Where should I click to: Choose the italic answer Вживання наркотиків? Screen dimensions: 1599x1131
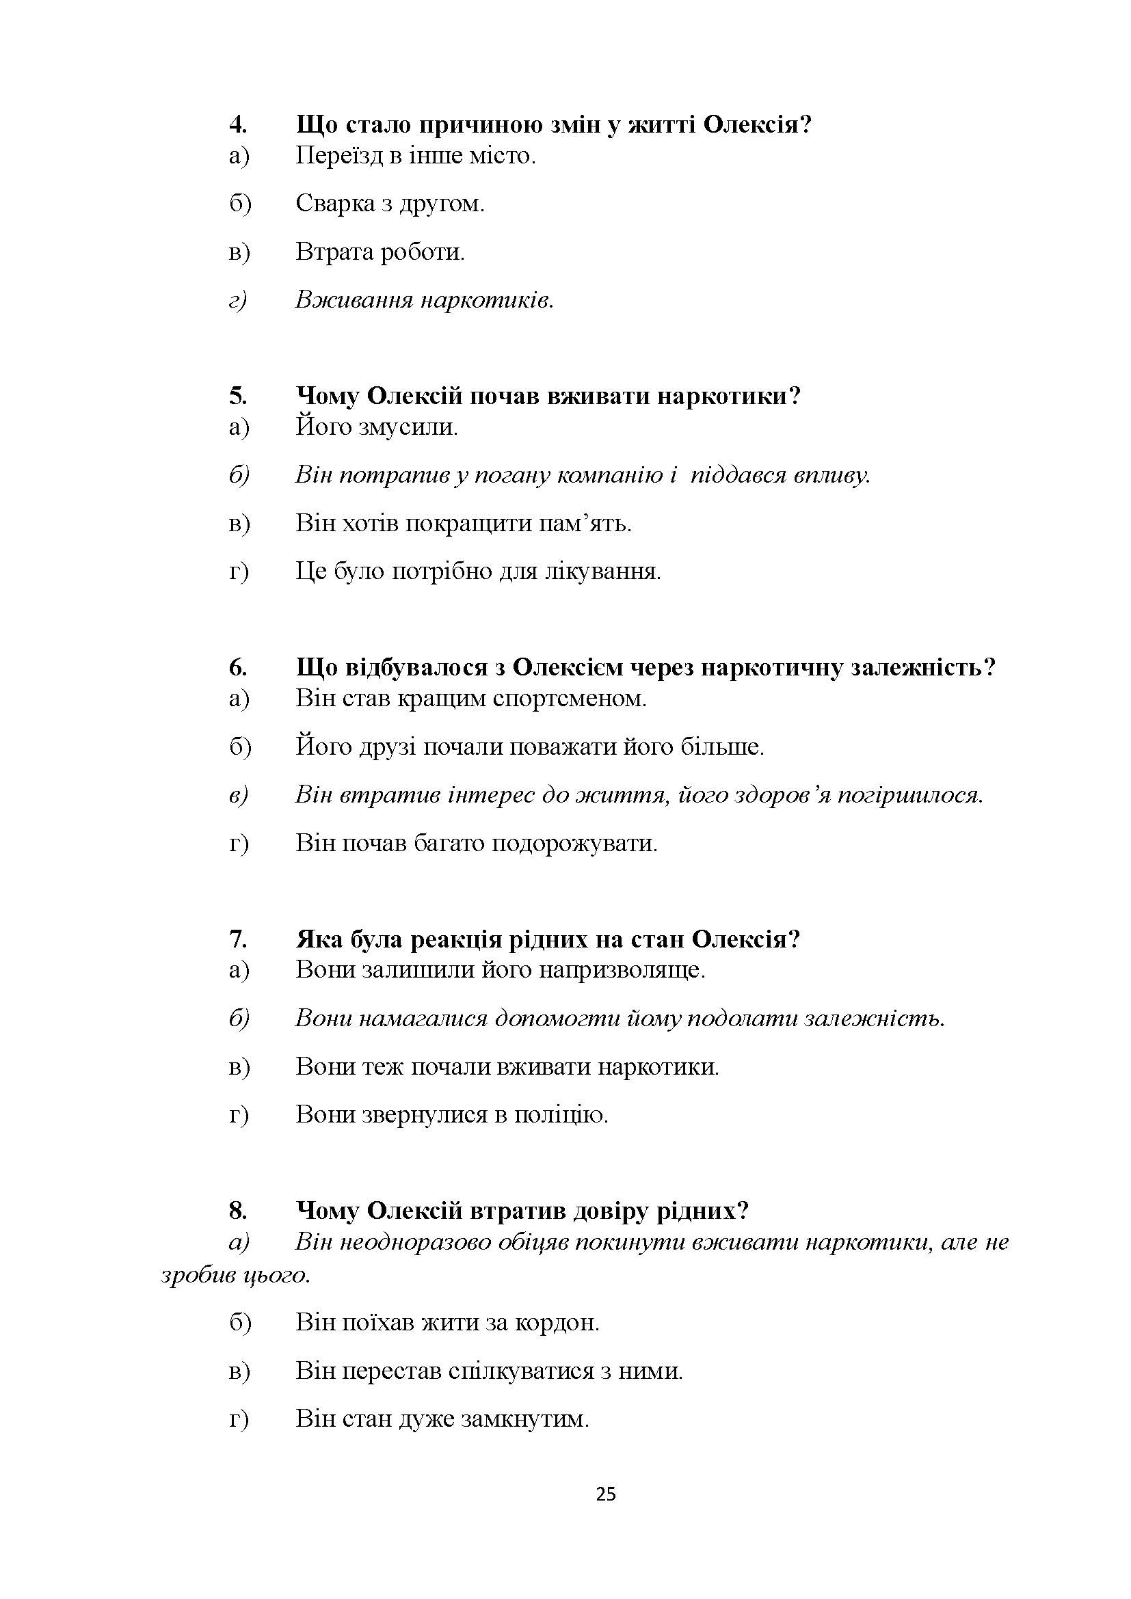[424, 301]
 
